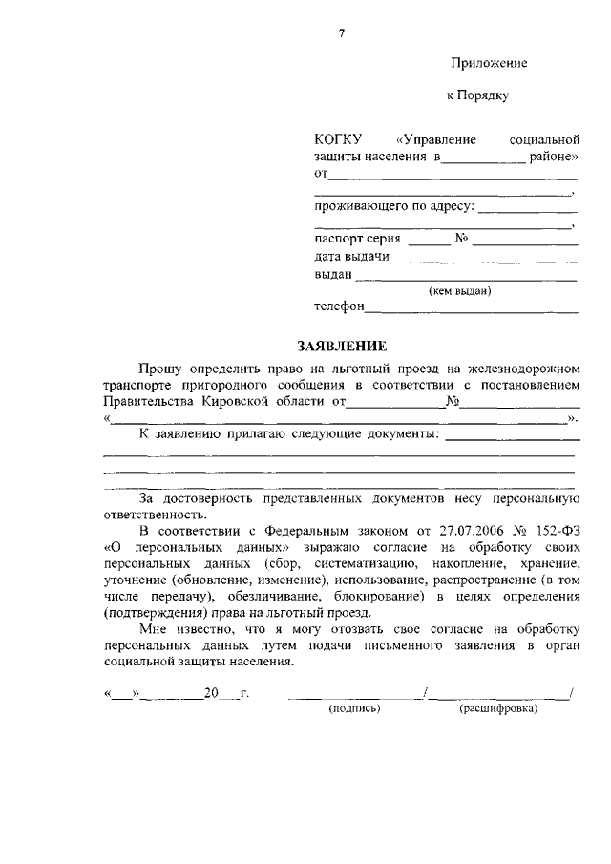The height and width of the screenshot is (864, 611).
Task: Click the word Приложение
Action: click(490, 63)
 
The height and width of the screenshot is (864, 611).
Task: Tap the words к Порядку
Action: click(478, 95)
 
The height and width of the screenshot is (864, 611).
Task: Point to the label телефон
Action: click(339, 307)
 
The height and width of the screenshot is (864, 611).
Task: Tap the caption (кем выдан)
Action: click(460, 292)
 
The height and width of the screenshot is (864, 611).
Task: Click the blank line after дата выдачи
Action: click(485, 260)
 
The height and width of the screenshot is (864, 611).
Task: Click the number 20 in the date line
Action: click(212, 693)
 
